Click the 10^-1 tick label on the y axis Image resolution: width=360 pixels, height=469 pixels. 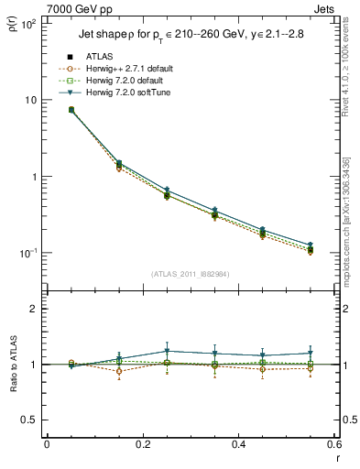coord(27,253)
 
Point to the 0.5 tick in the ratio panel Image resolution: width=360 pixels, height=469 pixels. coord(29,420)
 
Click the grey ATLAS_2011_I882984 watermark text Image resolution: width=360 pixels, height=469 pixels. coord(191,274)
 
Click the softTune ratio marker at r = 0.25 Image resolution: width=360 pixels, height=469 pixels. coord(167,351)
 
